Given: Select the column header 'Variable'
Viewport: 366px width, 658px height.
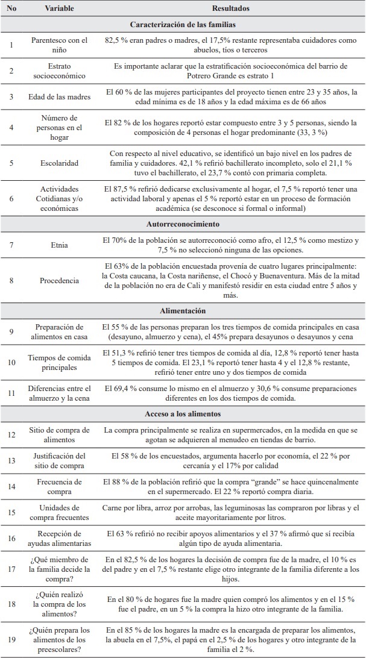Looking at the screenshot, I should [59, 10].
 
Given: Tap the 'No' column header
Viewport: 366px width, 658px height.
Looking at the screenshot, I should [11, 10].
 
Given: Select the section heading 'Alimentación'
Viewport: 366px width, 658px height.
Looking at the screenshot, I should [183, 310].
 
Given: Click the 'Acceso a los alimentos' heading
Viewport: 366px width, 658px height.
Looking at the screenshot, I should [183, 414].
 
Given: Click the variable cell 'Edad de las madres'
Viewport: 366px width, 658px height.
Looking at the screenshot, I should [59, 96].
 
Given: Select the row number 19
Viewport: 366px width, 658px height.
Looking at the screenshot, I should [11, 637].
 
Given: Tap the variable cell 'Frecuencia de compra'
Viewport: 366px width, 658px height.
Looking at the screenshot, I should [59, 487].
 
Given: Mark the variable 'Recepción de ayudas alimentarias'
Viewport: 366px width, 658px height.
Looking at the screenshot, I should [59, 539].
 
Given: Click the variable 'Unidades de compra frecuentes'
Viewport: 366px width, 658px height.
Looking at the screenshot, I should [59, 513].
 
